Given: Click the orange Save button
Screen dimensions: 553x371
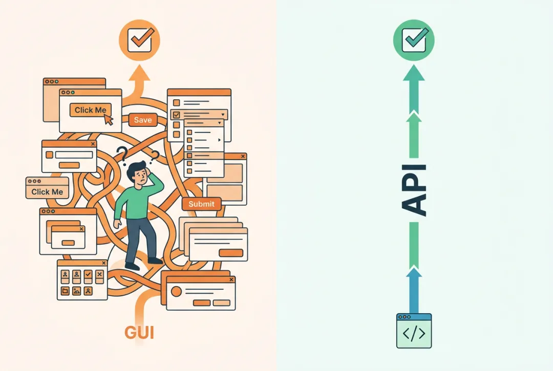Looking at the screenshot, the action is (143, 120).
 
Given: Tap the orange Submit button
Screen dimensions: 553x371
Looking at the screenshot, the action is (201, 204).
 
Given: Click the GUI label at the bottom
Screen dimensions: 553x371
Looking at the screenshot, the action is (139, 333).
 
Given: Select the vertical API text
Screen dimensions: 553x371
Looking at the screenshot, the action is (413, 189).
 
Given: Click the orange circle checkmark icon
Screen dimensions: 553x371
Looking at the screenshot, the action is (139, 40).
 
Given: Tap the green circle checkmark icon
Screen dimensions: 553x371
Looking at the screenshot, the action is (414, 40).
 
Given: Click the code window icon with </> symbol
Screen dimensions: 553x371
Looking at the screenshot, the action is (414, 331).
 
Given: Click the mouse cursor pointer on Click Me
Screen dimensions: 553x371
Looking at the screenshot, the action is (108, 119).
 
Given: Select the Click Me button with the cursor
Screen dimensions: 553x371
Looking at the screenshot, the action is (90, 110).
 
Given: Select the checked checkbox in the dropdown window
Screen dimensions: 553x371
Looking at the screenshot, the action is (177, 115).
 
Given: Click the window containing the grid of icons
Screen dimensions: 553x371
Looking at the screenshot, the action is (81, 279).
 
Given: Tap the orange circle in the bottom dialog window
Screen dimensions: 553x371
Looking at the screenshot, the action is (176, 291).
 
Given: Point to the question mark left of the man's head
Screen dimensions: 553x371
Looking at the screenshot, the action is (121, 152).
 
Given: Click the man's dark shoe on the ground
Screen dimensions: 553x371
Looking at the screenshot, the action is (132, 266).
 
